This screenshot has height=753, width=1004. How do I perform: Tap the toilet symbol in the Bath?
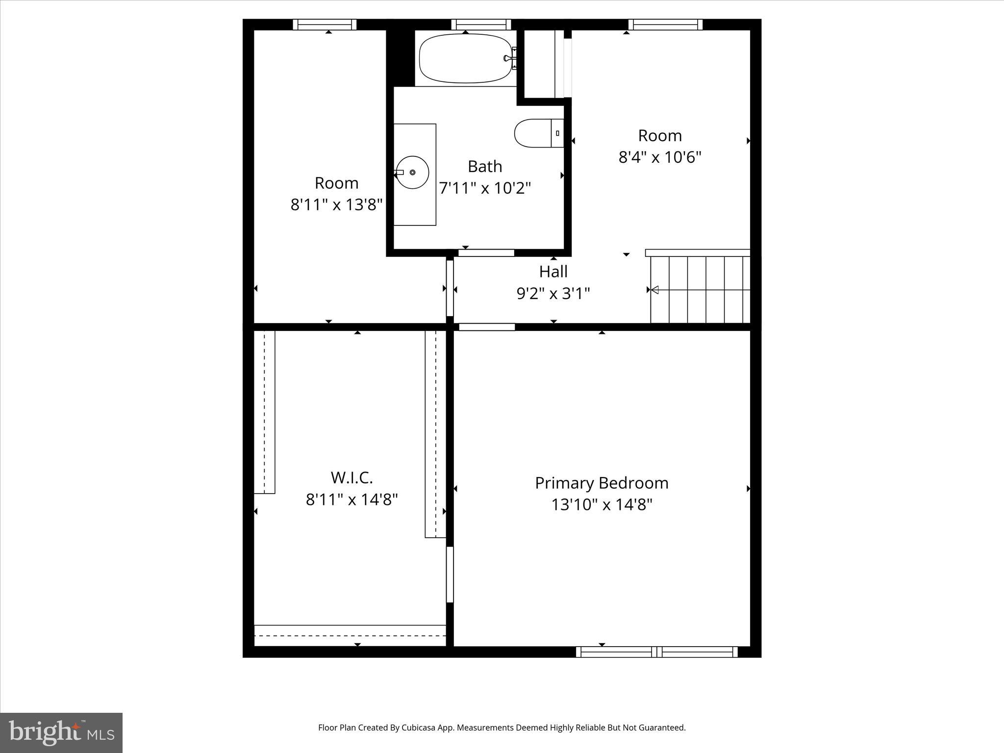pyautogui.click(x=537, y=133)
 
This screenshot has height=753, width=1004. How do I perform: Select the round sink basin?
pyautogui.click(x=412, y=172)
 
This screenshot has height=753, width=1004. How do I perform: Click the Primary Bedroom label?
pyautogui.click(x=602, y=483)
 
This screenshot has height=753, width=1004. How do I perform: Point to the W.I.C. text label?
pyautogui.click(x=351, y=477)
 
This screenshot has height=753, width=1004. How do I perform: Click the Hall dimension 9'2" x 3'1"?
pyautogui.click(x=553, y=294)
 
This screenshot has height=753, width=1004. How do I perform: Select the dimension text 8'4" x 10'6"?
pyautogui.click(x=660, y=157)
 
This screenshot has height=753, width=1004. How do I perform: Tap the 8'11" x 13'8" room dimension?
pyautogui.click(x=336, y=204)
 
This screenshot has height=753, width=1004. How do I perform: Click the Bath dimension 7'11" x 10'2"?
pyautogui.click(x=485, y=188)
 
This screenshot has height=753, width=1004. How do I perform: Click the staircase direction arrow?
pyautogui.click(x=654, y=290)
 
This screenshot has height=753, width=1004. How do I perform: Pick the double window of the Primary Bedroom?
pyautogui.click(x=656, y=652)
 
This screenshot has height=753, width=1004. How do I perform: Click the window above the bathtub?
pyautogui.click(x=481, y=25)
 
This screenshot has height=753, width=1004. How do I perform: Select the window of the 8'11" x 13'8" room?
pyautogui.click(x=325, y=25)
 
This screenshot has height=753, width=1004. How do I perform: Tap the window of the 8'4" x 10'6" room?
pyautogui.click(x=665, y=25)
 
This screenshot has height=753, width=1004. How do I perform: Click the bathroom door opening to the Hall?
pyautogui.click(x=486, y=253)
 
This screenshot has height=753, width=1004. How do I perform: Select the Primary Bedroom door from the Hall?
pyautogui.click(x=487, y=327)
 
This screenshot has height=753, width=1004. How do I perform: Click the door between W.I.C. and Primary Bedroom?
pyautogui.click(x=450, y=574)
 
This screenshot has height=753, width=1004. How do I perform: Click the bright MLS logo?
pyautogui.click(x=61, y=732)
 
